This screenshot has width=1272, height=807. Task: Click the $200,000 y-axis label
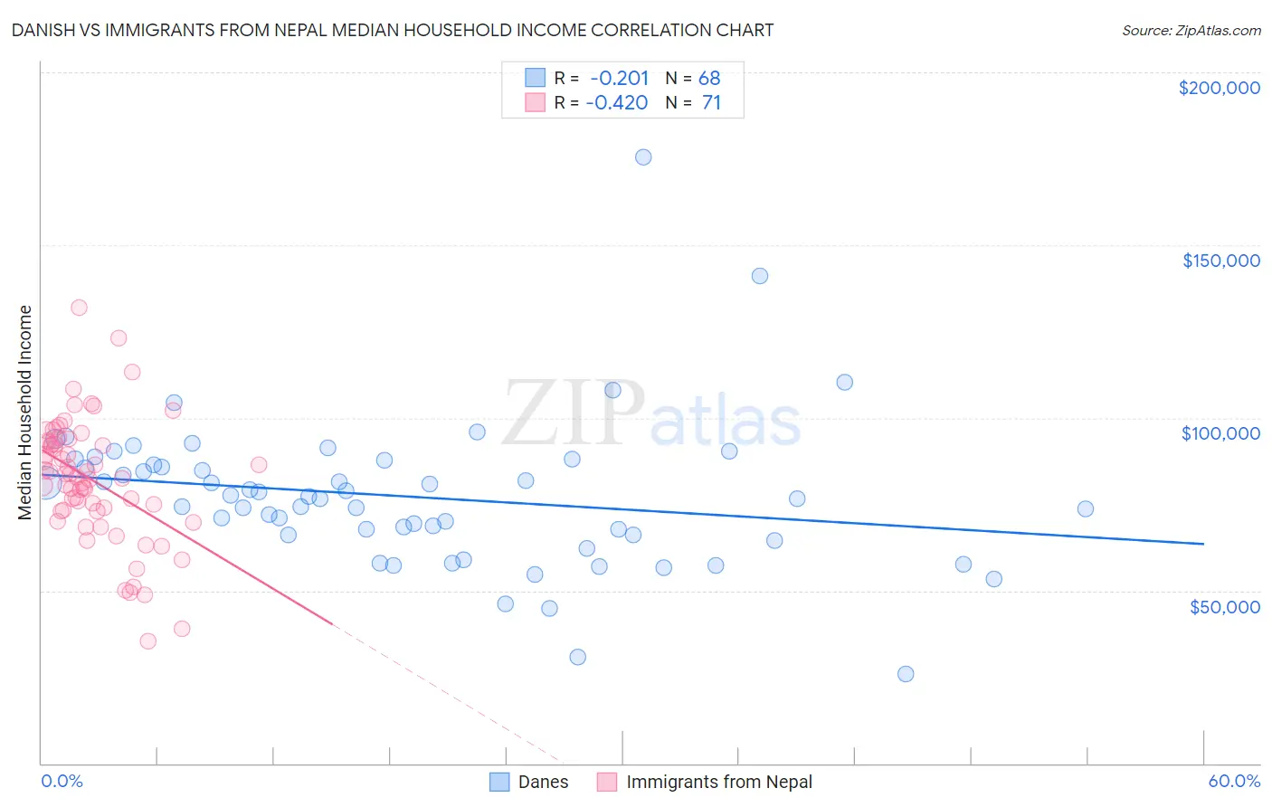tap(1219, 88)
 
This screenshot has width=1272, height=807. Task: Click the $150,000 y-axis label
tap(1220, 261)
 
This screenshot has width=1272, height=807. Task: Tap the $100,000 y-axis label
tap(1220, 433)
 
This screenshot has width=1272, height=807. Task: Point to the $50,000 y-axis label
tap(1224, 606)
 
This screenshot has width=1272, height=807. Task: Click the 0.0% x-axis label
tap(62, 781)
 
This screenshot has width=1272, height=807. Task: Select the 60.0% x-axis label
tap(1234, 781)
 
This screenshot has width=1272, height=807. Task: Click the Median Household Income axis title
tap(24, 413)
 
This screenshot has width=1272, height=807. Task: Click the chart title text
tap(393, 30)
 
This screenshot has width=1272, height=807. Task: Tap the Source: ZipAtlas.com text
tap(1191, 30)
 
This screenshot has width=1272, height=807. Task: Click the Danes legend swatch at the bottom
tap(500, 782)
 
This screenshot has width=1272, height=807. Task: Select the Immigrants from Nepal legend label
tap(718, 782)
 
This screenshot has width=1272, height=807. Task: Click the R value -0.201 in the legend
tap(619, 78)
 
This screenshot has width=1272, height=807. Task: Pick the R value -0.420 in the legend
tap(617, 102)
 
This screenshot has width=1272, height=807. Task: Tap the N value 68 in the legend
tap(709, 78)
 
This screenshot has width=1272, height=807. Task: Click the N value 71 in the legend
tap(711, 102)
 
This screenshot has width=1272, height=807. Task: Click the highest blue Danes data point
tap(643, 157)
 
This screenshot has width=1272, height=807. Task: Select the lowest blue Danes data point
tap(906, 674)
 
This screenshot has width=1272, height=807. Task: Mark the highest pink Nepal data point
tap(79, 308)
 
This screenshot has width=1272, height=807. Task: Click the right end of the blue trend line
tap(1203, 544)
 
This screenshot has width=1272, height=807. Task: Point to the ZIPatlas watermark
tap(651, 413)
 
